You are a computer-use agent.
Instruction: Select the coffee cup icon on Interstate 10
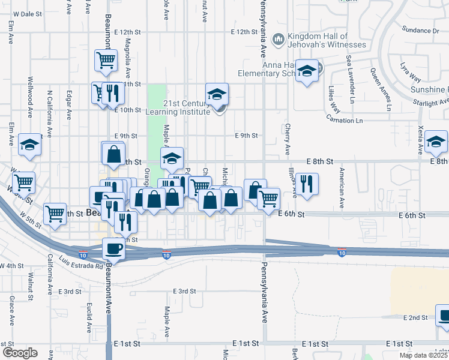pyautogui.click(x=114, y=248)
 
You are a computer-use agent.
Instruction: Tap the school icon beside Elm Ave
pyautogui.click(x=29, y=145)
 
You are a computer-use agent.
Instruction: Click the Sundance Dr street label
pyautogui.click(x=420, y=30)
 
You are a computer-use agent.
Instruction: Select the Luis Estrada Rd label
pyautogui.click(x=82, y=262)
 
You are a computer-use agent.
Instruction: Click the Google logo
pyautogui.click(x=19, y=353)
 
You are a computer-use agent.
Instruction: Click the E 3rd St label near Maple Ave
pyautogui.click(x=184, y=291)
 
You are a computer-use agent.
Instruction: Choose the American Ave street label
pyautogui.click(x=341, y=188)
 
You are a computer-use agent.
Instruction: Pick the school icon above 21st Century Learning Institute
pyautogui.click(x=217, y=94)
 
